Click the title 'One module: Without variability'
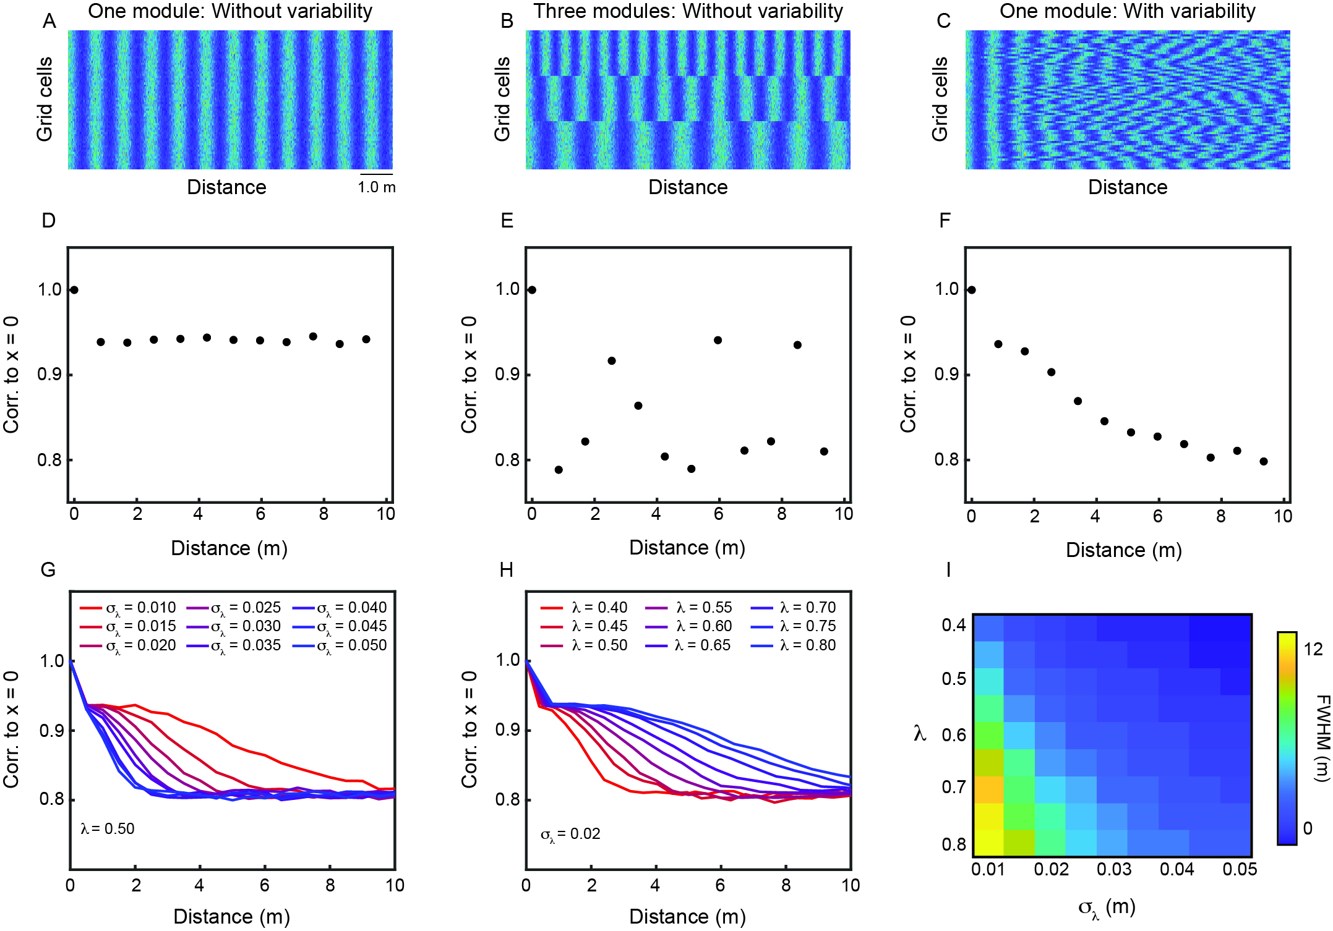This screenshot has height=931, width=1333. pyautogui.click(x=230, y=11)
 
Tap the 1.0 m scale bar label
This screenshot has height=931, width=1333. pyautogui.click(x=377, y=187)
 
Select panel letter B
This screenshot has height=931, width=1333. pyautogui.click(x=507, y=22)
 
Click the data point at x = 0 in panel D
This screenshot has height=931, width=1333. pyautogui.click(x=74, y=290)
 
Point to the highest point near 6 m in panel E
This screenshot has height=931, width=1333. pyautogui.click(x=718, y=340)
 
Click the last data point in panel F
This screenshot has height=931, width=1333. pyautogui.click(x=1264, y=461)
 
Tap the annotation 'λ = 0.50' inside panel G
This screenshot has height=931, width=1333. pyautogui.click(x=108, y=829)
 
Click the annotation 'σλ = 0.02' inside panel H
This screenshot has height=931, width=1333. pyautogui.click(x=570, y=835)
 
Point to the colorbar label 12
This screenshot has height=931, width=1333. pyautogui.click(x=1313, y=649)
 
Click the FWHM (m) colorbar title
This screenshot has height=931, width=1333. pyautogui.click(x=1322, y=738)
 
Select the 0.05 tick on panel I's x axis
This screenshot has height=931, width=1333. pyautogui.click(x=1240, y=870)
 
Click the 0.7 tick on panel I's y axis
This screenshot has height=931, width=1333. pyautogui.click(x=954, y=787)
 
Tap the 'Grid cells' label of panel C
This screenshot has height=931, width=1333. pyautogui.click(x=940, y=99)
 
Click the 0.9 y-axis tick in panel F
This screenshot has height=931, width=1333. pyautogui.click(x=946, y=375)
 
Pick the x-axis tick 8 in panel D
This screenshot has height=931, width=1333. pyautogui.click(x=324, y=514)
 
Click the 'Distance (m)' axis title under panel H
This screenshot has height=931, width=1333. pyautogui.click(x=687, y=917)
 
